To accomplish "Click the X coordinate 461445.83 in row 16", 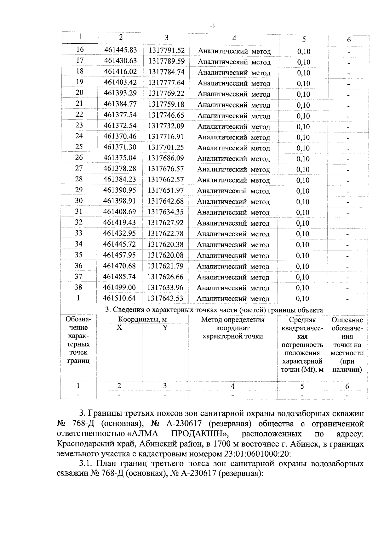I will pyautogui.click(x=121, y=50).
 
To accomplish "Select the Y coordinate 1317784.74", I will pyautogui.click(x=166, y=72).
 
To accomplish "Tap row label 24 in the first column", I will pyautogui.click(x=79, y=136).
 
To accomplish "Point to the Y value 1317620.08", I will pyautogui.click(x=166, y=255).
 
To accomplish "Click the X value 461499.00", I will pyautogui.click(x=120, y=287).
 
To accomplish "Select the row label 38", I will pyautogui.click(x=78, y=287).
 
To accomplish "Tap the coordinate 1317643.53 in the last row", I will pyautogui.click(x=165, y=298).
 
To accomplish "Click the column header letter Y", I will pyautogui.click(x=165, y=328).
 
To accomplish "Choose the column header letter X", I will pyautogui.click(x=119, y=328).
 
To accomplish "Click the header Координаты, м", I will pyautogui.click(x=142, y=320).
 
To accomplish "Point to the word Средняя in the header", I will pyautogui.click(x=302, y=320).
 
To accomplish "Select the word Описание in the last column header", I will pyautogui.click(x=347, y=320).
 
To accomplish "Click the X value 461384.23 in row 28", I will pyautogui.click(x=120, y=179).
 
